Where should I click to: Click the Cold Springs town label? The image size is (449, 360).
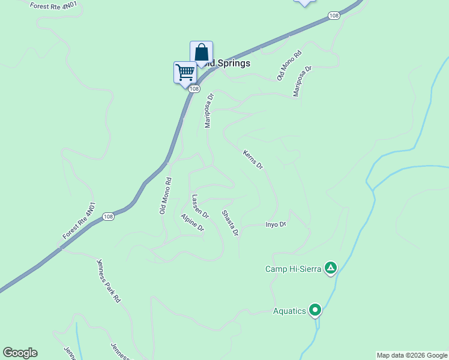(226, 63)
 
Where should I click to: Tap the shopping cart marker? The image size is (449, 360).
(185, 73)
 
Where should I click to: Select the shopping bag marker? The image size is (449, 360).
(201, 52)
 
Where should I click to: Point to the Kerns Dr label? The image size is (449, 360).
(253, 159)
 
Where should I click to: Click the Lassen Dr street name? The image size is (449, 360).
(200, 206)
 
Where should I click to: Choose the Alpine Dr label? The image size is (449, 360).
(193, 223)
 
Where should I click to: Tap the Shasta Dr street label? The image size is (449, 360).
(230, 223)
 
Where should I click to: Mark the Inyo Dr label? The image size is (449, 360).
(276, 224)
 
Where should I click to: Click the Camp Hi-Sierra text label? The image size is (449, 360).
(294, 269)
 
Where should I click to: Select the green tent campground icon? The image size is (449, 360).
(330, 268)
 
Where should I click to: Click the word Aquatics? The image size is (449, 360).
(289, 311)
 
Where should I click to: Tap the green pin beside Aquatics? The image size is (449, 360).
(315, 310)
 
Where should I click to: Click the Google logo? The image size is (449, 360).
(20, 353)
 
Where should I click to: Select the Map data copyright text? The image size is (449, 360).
(412, 355)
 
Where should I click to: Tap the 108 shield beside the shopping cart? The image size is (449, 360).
(193, 89)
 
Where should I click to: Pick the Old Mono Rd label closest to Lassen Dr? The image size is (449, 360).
(165, 196)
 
